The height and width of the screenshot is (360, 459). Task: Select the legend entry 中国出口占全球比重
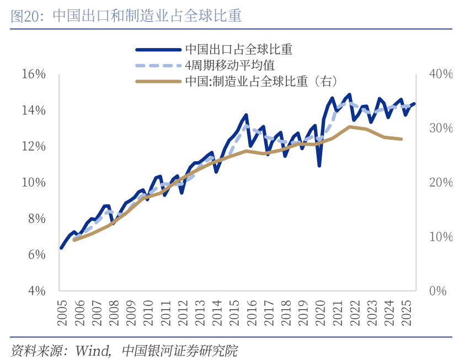click(x=238, y=49)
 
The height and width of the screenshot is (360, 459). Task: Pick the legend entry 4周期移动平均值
click(x=229, y=65)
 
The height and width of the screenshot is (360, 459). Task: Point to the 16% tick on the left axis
click(x=34, y=74)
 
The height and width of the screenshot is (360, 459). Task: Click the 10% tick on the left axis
click(x=34, y=182)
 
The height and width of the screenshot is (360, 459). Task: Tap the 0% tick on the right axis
click(x=437, y=291)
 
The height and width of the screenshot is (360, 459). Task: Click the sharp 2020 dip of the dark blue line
click(x=319, y=165)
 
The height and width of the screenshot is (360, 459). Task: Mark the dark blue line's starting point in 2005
click(x=61, y=248)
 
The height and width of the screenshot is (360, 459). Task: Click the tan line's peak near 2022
click(x=350, y=126)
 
